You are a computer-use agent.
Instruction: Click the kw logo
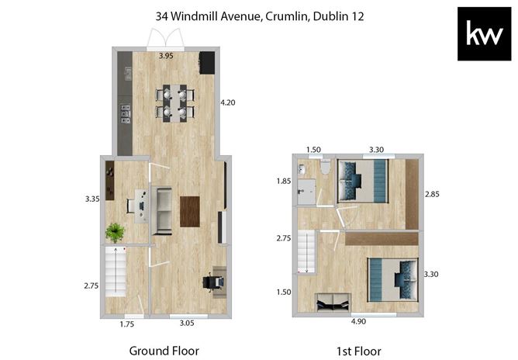pyautogui.click(x=484, y=33)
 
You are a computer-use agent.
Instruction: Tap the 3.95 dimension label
pyautogui.click(x=166, y=56)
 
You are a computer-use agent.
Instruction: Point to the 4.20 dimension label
pyautogui.click(x=228, y=102)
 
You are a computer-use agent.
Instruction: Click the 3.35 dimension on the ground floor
pyautogui.click(x=92, y=199)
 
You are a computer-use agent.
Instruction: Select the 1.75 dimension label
pyautogui.click(x=127, y=324)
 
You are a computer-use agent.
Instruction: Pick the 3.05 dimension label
pyautogui.click(x=187, y=323)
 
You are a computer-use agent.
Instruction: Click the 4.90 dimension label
pyautogui.click(x=358, y=321)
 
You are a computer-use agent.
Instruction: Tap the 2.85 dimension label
pyautogui.click(x=432, y=194)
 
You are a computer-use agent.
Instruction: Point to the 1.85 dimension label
pyautogui.click(x=284, y=181)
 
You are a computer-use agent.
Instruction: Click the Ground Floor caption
pyautogui.click(x=164, y=351)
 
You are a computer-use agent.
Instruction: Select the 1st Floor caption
pyautogui.click(x=359, y=351)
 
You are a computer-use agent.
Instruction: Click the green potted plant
pyautogui.click(x=115, y=233)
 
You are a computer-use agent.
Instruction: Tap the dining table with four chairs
pyautogui.click(x=174, y=103)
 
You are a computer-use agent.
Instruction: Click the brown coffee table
pyautogui.click(x=190, y=212)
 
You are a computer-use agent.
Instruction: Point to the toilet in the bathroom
pyautogui.click(x=326, y=167)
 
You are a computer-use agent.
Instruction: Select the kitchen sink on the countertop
pyautogui.click(x=128, y=74)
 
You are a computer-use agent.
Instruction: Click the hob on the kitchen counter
pyautogui.click(x=126, y=114)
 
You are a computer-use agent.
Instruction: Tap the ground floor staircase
pyautogui.click(x=116, y=272)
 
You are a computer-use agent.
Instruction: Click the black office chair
pyautogui.click(x=210, y=282)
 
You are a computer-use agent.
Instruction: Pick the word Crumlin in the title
pyautogui.click(x=286, y=16)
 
